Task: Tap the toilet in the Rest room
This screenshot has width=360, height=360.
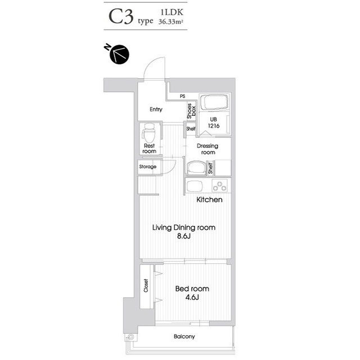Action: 148,133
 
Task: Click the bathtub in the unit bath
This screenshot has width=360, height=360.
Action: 214,102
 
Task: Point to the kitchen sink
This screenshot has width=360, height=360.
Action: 195,186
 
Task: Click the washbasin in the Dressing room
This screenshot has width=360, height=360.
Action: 196,168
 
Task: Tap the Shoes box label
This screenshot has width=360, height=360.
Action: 191,111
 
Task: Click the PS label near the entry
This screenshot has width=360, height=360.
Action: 182,96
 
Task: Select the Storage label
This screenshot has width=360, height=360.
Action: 147,166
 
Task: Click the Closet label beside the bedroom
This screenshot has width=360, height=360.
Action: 146,286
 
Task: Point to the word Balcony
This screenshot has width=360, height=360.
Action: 184,336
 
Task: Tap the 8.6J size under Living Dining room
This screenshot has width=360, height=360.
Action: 184,236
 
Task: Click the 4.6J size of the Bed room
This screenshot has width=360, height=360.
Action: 192,298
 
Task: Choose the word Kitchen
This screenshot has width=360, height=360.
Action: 209,200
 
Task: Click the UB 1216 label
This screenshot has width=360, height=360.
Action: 214,123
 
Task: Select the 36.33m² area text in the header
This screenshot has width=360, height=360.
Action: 171,22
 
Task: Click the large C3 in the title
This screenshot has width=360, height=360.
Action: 121,17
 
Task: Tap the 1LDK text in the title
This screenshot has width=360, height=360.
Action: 172,12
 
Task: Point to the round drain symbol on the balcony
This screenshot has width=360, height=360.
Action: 130,337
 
